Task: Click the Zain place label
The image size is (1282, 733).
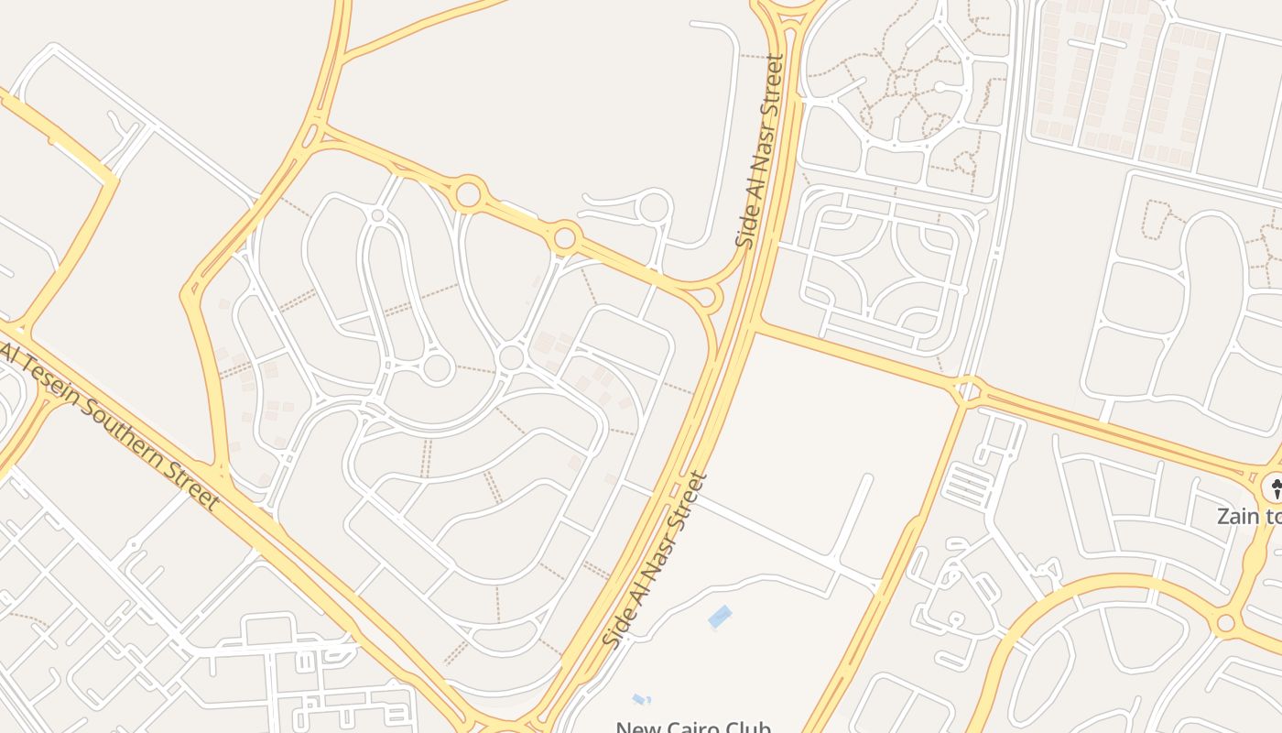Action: pyautogui.click(x=1248, y=516)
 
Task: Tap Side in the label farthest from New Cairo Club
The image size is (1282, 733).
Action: pyautogui.click(x=744, y=230)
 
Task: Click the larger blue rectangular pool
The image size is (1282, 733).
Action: pyautogui.click(x=720, y=618)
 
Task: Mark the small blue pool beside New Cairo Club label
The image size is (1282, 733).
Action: pyautogui.click(x=642, y=700)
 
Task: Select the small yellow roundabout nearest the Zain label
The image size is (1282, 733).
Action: pyautogui.click(x=1225, y=624)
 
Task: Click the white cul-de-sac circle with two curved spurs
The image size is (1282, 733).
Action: pyautogui.click(x=654, y=207)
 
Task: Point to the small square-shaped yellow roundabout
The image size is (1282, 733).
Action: pyautogui.click(x=968, y=391)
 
